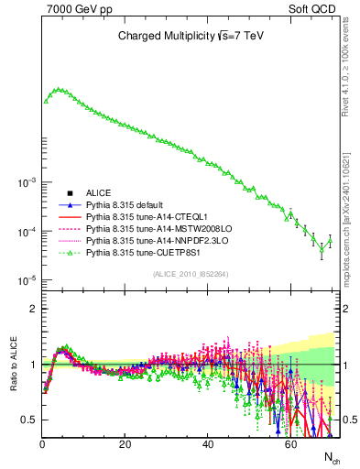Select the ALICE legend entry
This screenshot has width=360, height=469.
tap(98, 192)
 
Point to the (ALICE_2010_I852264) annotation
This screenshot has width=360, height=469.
tap(191, 273)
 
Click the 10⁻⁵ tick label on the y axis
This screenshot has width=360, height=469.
tap(26, 280)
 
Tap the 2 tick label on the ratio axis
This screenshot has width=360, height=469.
tap(33, 309)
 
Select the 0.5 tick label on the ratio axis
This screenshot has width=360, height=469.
tap(29, 420)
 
